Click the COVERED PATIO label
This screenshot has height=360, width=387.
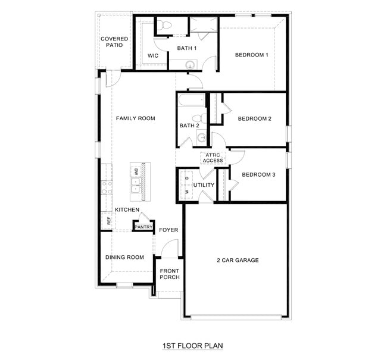point(114,42)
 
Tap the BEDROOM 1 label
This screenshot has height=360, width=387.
point(251,55)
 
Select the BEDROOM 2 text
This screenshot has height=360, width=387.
point(254,118)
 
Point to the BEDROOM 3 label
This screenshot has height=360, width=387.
point(258,174)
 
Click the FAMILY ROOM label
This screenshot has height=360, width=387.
point(135,118)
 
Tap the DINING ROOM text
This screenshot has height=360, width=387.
point(124,257)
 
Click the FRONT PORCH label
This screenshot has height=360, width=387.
point(170,274)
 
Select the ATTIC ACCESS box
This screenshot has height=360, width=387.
point(213,158)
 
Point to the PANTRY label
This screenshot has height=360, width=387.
point(143,227)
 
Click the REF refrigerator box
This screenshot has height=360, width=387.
point(108,221)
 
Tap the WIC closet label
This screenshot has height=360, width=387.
point(153,55)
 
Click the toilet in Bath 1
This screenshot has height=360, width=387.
point(166,25)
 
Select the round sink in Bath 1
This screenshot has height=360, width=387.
point(190,65)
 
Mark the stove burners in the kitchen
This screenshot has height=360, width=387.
point(107,188)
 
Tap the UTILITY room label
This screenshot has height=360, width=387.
point(203,185)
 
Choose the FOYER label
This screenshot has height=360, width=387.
point(168,230)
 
